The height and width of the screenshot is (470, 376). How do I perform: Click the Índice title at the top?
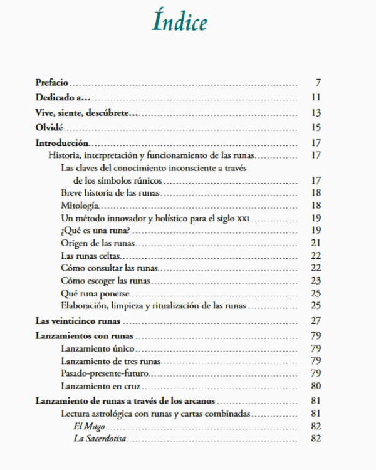pyautogui.click(x=179, y=23)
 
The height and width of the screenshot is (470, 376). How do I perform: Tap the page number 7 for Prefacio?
pyautogui.click(x=318, y=83)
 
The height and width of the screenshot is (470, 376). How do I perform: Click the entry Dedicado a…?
pyautogui.click(x=63, y=97)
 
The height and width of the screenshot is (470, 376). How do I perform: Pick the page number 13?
pyautogui.click(x=316, y=113)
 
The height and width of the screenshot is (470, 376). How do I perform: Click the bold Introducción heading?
pyautogui.click(x=62, y=143)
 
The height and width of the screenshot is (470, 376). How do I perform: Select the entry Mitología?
pyautogui.click(x=80, y=206)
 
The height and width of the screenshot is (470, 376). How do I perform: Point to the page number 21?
pyautogui.click(x=316, y=243)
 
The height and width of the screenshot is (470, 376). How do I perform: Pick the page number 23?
pyautogui.click(x=316, y=280)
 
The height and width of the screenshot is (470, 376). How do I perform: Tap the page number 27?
pyautogui.click(x=316, y=321)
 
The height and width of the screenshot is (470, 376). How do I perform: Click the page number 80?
pyautogui.click(x=316, y=385)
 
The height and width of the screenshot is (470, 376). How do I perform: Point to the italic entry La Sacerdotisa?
pyautogui.click(x=100, y=439)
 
